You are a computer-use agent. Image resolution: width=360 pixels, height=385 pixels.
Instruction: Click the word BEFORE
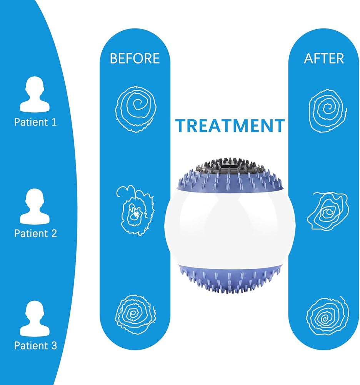click(135, 59)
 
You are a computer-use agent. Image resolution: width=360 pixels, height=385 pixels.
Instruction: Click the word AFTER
click(324, 59)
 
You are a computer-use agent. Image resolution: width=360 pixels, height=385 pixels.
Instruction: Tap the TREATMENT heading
click(230, 126)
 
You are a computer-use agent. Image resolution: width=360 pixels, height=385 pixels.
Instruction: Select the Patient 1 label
click(35, 122)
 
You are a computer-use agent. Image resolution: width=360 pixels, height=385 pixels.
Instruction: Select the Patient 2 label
click(35, 233)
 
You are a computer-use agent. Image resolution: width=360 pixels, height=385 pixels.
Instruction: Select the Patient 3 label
click(35, 345)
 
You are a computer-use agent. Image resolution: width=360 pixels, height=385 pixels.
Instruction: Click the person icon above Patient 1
click(35, 94)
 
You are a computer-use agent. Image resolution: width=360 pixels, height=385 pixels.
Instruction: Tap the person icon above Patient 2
click(35, 206)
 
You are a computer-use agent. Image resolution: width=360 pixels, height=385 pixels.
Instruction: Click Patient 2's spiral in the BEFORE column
click(135, 211)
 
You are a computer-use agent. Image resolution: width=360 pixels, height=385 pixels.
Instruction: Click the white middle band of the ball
click(230, 227)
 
